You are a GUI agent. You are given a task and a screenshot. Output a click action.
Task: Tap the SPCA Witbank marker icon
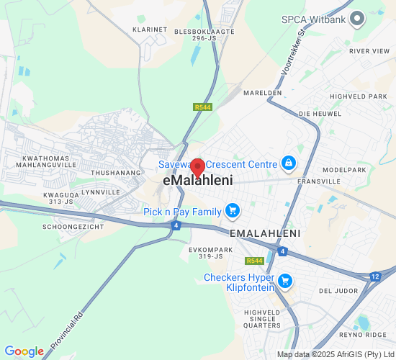(356, 19)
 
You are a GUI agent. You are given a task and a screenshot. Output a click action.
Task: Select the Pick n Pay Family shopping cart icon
(232, 210)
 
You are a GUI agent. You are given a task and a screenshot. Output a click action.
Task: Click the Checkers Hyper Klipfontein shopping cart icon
(285, 281)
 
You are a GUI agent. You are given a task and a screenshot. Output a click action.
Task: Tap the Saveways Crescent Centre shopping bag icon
(288, 163)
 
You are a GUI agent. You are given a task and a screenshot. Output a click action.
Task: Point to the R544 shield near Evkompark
(254, 261)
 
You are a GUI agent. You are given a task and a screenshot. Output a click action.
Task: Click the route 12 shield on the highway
(375, 276)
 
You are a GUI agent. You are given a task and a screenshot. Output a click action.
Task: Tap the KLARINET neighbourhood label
(150, 30)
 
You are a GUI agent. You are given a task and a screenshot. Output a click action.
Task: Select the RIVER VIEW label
(369, 51)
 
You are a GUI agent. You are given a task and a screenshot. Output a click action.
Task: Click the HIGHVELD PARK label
(359, 96)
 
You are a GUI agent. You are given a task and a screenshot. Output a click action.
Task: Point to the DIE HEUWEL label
(315, 114)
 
